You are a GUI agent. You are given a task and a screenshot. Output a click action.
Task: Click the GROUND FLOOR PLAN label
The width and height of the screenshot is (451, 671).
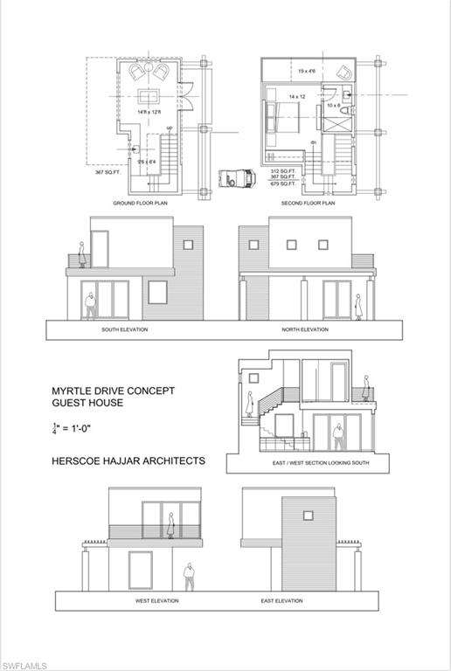pyautogui.click(x=140, y=203)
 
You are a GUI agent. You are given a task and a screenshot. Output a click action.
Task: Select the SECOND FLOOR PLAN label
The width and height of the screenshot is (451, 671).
pyautogui.click(x=309, y=203)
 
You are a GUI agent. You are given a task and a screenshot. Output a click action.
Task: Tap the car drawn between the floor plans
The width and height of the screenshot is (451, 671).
pyautogui.click(x=235, y=176)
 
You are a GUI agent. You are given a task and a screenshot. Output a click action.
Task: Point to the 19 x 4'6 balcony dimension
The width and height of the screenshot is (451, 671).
pyautogui.click(x=307, y=71)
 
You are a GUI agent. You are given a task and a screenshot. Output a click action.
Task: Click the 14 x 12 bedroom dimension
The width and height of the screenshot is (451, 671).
pyautogui.click(x=296, y=97)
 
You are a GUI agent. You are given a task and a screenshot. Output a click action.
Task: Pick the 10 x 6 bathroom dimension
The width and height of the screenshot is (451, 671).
pyautogui.click(x=335, y=106)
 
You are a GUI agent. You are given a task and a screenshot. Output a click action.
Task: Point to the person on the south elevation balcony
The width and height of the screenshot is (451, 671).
pyautogui.click(x=81, y=255)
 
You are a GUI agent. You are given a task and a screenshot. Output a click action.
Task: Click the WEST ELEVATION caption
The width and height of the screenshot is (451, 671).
pyautogui.click(x=157, y=601)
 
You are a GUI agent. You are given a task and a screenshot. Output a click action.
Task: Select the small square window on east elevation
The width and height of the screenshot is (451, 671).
pyautogui.click(x=308, y=515)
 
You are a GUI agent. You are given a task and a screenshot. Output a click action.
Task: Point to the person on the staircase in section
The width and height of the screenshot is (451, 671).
pyautogui.click(x=250, y=402)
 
